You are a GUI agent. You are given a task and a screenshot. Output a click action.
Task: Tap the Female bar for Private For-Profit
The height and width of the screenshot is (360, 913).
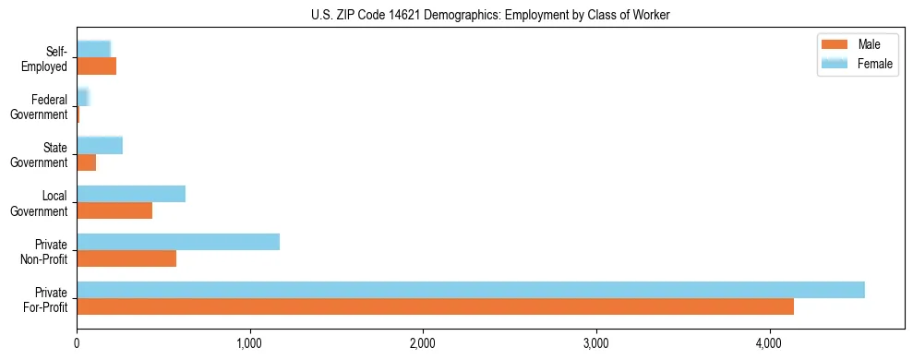[470, 290]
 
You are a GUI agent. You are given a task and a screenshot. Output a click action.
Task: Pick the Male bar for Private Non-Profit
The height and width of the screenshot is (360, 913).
[126, 258]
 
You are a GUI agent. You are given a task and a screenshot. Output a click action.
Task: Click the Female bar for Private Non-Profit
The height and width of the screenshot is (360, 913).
[178, 242]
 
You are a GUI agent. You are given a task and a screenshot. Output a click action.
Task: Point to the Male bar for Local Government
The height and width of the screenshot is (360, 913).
[114, 210]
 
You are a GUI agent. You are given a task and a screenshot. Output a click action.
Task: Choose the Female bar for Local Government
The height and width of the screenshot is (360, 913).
[131, 194]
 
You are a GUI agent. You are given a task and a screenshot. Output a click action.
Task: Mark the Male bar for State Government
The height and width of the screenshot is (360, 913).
[87, 162]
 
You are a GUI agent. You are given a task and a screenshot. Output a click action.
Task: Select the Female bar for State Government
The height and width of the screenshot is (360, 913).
[100, 146]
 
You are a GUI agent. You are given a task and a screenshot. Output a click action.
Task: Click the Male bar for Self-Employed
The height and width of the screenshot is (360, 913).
[97, 66]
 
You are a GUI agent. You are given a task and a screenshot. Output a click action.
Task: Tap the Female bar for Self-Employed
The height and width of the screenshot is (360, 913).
[93, 49]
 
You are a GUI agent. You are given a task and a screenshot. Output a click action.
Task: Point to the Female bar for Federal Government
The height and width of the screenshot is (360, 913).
[82, 97]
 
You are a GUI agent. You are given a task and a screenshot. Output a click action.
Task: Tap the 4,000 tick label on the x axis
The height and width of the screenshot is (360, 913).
[769, 344]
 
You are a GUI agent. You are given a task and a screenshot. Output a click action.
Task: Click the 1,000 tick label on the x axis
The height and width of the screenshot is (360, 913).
[249, 344]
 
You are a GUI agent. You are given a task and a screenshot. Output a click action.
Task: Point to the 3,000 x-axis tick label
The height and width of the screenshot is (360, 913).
[595, 344]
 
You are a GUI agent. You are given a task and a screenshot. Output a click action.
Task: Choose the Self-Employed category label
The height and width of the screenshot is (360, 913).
[49, 58]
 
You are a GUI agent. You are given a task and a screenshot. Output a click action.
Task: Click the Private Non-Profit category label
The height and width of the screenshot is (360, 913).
[45, 250]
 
